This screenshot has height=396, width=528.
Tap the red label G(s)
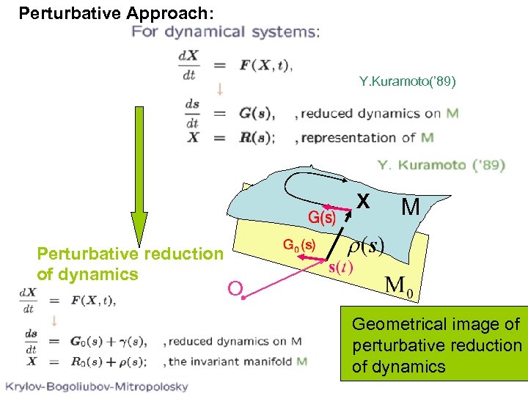coord(322,218)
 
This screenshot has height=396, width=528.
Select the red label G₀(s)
coord(299,245)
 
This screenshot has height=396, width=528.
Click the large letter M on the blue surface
coord(411,208)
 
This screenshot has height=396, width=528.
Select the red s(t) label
coord(340,266)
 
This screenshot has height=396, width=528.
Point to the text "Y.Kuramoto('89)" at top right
coord(408,81)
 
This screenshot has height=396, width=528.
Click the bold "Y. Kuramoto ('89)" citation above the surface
coord(441,164)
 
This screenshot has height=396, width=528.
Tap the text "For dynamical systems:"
coord(225,32)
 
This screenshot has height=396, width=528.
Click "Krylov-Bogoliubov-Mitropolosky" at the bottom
coord(97,386)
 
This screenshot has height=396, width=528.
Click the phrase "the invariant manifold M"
coord(238,362)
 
